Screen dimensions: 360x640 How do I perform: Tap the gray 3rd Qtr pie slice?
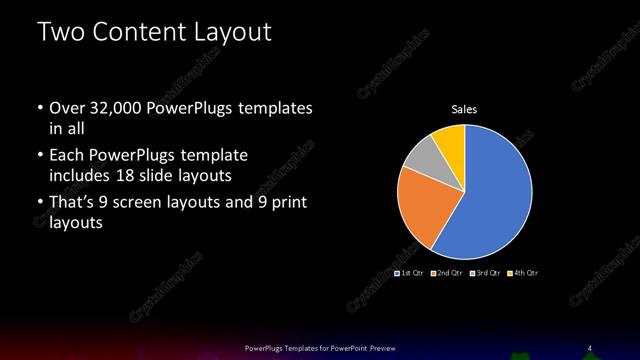421,156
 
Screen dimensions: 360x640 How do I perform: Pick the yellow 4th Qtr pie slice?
449,141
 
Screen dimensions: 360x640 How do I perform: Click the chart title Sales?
464,110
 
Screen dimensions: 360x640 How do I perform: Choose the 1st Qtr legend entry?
411,273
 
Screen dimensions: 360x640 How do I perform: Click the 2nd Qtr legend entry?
447,273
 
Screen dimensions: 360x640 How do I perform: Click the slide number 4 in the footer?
589,347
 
